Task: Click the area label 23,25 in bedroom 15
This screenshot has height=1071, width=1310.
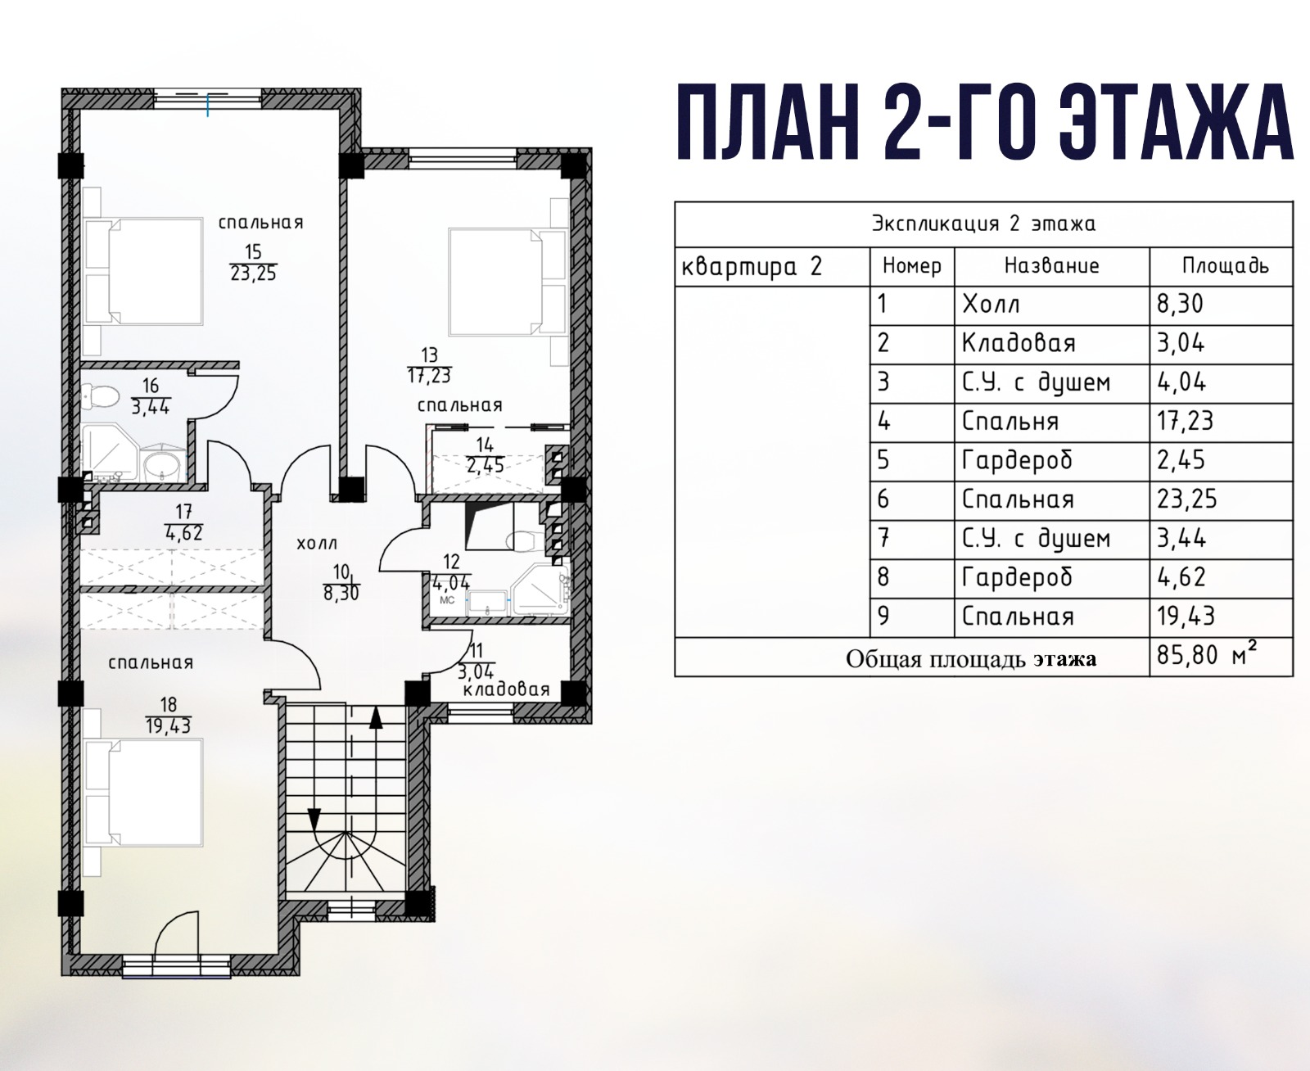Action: point(254,273)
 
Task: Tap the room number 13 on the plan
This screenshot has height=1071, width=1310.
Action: point(429,355)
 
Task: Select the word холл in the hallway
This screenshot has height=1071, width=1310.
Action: point(317,544)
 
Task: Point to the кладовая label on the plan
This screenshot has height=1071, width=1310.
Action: point(506,689)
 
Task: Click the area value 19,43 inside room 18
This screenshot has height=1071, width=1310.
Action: point(169,725)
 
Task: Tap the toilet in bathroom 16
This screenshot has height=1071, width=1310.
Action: point(101,395)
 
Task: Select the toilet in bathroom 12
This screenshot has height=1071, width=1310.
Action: point(521,540)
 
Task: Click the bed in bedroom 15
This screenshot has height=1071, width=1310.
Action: point(143,271)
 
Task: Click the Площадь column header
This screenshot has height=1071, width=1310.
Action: point(1225,266)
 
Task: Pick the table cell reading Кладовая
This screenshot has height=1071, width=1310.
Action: point(1019,343)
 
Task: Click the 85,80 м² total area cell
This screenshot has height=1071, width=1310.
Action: point(1206,655)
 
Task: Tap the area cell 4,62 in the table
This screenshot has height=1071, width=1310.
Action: point(1181,577)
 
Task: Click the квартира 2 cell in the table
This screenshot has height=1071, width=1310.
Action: point(752,266)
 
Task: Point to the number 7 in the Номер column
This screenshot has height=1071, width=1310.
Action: point(884,538)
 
